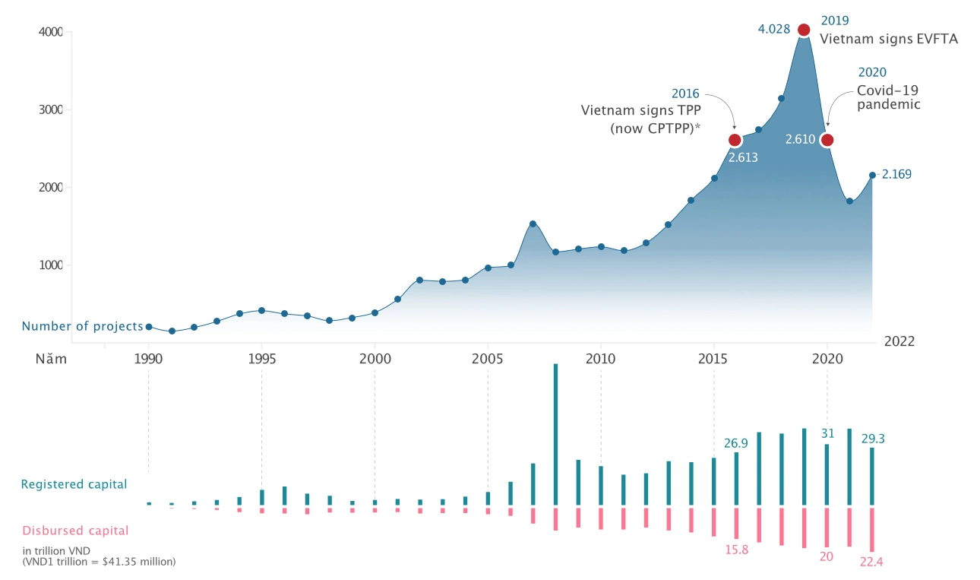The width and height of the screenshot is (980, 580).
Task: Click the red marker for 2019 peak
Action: click(x=804, y=30)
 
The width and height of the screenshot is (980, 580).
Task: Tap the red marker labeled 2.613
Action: click(x=735, y=140)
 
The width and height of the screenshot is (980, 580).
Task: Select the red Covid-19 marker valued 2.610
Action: click(x=827, y=140)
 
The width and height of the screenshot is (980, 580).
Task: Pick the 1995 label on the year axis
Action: click(x=261, y=359)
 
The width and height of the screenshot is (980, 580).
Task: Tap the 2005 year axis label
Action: click(x=488, y=359)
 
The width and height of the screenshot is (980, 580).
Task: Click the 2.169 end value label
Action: click(x=896, y=174)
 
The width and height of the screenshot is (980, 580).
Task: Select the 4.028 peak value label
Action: click(x=774, y=30)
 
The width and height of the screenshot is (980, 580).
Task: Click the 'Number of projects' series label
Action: click(x=82, y=326)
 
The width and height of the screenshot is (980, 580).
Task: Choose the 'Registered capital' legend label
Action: click(x=74, y=484)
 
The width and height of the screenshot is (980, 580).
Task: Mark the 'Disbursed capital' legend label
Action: click(x=75, y=531)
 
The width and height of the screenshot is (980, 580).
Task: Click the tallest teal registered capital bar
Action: click(x=555, y=433)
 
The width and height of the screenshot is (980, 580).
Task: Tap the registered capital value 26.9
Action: click(x=734, y=442)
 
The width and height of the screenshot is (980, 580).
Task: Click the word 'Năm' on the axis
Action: click(x=52, y=359)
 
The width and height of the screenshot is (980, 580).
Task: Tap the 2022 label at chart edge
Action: click(x=899, y=341)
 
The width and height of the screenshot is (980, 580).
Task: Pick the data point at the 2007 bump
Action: click(x=533, y=223)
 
